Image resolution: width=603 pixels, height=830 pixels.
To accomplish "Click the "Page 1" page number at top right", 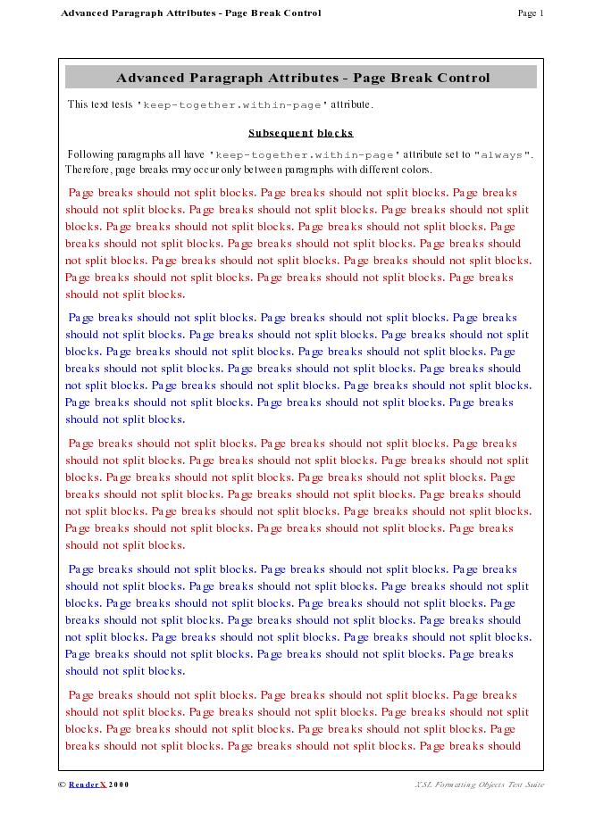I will click(x=531, y=13).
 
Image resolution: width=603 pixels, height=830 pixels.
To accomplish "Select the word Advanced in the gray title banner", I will click(x=149, y=78).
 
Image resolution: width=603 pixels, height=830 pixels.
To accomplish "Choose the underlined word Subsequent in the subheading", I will click(x=281, y=133).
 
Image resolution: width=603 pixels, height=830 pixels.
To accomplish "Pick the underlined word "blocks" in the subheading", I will click(x=335, y=133).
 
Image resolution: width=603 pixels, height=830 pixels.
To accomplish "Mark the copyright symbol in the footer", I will click(x=62, y=784).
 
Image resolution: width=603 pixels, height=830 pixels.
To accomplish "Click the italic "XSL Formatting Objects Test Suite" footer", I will click(x=479, y=784).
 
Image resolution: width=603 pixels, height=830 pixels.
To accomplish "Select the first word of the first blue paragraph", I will click(x=81, y=318).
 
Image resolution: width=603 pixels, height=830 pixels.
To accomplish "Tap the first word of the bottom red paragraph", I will click(x=81, y=695).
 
